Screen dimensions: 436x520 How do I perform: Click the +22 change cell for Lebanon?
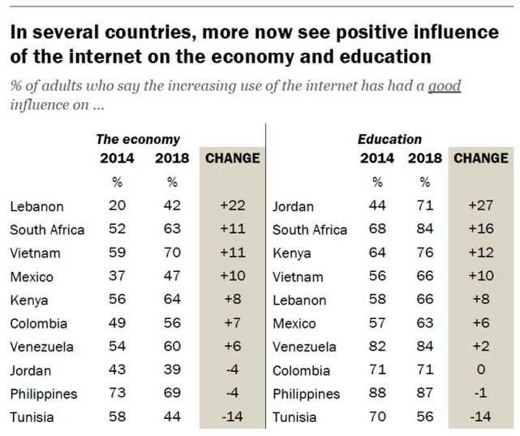coord(232,206)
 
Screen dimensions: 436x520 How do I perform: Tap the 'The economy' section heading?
coord(138,140)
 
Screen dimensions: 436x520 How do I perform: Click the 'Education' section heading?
coord(389,140)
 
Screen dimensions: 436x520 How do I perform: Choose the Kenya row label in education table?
coord(292,253)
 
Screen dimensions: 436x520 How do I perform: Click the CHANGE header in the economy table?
coord(232,158)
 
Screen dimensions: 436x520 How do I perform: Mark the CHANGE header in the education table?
coord(481,158)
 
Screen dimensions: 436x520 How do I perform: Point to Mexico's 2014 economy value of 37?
coord(117,277)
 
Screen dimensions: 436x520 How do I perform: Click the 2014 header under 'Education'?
coord(378,158)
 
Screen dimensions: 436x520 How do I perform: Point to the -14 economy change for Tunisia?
coord(232,417)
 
